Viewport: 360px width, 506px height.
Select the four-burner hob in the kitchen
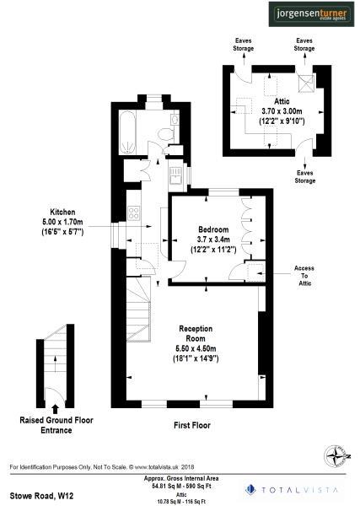pyautogui.click(x=132, y=213)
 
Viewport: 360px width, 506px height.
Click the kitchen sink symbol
pyautogui.click(x=175, y=177)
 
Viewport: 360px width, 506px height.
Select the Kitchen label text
pyautogui.click(x=62, y=212)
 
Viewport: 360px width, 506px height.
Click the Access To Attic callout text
pyautogui.click(x=304, y=276)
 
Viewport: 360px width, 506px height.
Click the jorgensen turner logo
pyautogui.click(x=312, y=14)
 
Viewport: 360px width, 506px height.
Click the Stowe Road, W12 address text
pyautogui.click(x=40, y=488)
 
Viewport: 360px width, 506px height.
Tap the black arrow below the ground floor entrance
pyautogui.click(x=56, y=408)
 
